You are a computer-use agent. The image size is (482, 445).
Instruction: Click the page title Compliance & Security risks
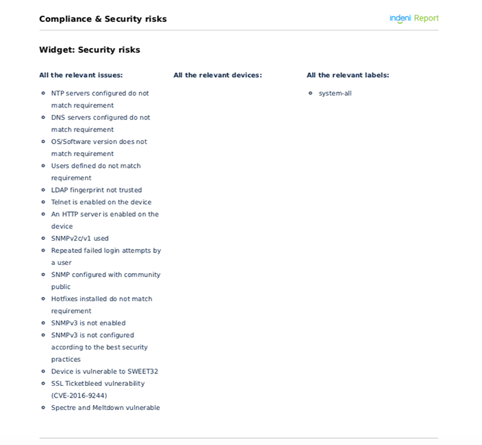click(103, 19)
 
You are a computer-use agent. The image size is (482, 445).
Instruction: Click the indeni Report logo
click(414, 19)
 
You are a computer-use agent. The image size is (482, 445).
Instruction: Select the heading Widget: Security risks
click(90, 50)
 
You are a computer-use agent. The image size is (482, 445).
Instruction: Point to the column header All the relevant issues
click(81, 75)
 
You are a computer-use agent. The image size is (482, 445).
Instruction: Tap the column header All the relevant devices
click(218, 75)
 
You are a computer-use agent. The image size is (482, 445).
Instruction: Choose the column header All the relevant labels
click(348, 75)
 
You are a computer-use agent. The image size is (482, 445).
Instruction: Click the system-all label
click(335, 93)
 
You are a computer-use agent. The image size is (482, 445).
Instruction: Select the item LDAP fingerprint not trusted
click(96, 190)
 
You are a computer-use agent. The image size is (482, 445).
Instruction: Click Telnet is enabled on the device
click(101, 202)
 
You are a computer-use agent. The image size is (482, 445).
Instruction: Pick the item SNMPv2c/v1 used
click(80, 239)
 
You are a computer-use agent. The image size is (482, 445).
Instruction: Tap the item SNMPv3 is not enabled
click(88, 323)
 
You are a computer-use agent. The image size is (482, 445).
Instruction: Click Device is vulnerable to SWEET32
click(105, 371)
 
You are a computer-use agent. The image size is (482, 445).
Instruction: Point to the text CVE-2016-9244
click(79, 395)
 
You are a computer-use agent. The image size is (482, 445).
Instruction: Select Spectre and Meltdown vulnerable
click(105, 408)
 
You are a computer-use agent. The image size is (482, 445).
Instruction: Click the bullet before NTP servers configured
click(44, 93)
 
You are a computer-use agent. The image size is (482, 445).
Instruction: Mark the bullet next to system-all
click(311, 93)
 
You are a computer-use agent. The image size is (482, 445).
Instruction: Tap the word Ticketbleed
click(85, 384)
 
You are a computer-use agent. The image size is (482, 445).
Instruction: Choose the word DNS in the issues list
click(59, 118)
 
